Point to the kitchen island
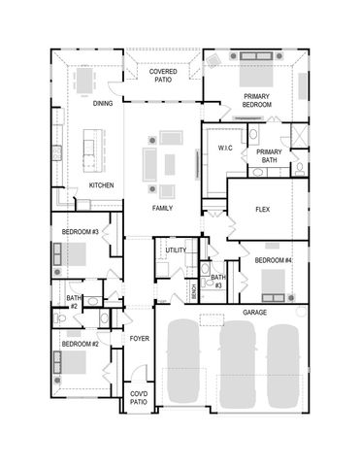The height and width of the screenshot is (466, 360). coord(94,152)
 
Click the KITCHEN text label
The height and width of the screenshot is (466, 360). coord(103,184)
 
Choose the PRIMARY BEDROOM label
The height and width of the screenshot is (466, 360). coord(257,100)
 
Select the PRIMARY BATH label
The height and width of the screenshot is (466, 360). coord(269,157)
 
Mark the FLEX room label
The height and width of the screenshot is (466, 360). coord(262,210)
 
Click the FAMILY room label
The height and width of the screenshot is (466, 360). coord(162,209)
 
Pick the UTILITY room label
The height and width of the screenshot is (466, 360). coord(176,250)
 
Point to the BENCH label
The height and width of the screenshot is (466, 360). coord(195,289)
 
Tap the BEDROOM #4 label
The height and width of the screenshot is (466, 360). coord(273,261)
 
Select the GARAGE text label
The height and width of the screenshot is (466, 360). coord(254,313)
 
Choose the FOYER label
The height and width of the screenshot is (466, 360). coord(139,338)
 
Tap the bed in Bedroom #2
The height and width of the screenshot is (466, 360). coord(71,365)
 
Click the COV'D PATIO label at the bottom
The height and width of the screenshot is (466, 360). coord(139,397)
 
